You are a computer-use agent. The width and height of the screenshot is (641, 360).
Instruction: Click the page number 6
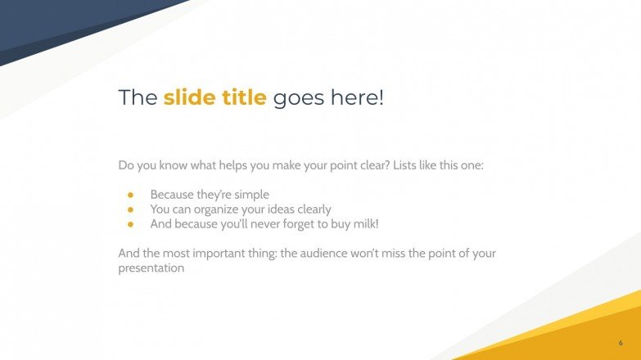tap(621, 342)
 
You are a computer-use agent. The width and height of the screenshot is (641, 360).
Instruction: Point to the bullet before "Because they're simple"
tap(129, 195)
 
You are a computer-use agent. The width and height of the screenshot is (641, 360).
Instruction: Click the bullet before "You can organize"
tap(129, 209)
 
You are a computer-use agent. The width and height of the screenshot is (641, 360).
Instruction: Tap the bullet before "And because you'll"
tap(129, 223)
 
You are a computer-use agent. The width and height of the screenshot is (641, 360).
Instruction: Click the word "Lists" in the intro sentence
tap(407, 165)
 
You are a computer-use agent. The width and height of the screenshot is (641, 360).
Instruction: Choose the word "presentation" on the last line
tap(151, 268)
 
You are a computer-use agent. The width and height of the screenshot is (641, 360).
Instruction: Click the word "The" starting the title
tap(137, 97)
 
